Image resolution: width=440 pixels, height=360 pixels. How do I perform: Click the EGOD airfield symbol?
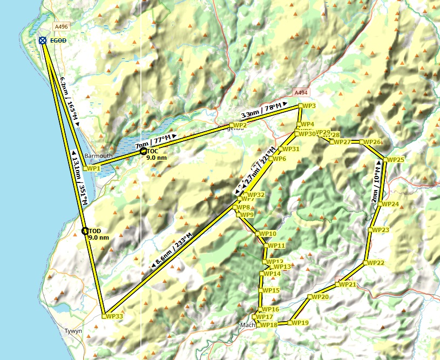[x=43, y=40]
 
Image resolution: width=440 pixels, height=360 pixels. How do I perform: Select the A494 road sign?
[x=300, y=93]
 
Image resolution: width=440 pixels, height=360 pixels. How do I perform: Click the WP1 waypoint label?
[x=93, y=168]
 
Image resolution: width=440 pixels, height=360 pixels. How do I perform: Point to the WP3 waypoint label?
[x=309, y=106]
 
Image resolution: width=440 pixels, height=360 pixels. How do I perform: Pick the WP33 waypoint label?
[x=114, y=316]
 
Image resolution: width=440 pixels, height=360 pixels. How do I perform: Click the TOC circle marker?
[x=143, y=152]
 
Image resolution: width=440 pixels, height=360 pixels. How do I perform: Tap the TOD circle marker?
[x=85, y=231]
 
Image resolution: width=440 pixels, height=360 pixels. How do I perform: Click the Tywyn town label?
[x=73, y=330]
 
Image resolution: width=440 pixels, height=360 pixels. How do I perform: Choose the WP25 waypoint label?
[x=395, y=160]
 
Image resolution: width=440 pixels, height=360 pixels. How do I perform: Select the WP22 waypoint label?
[x=376, y=263]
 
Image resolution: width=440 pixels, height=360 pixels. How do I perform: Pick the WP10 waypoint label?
[x=268, y=234]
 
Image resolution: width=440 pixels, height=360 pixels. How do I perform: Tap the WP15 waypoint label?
[x=271, y=290]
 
